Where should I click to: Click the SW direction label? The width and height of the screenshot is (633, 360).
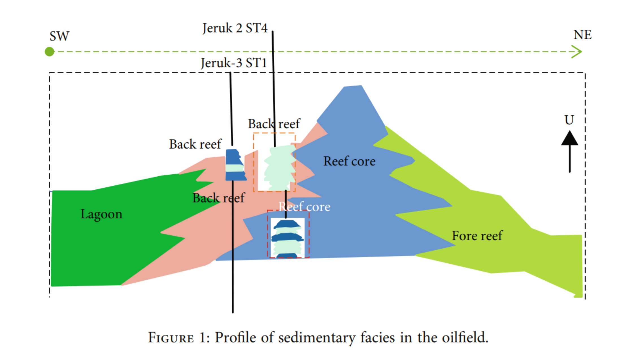tap(59, 36)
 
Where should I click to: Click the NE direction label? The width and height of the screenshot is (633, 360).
tap(582, 35)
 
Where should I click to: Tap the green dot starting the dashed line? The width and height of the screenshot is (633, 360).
tap(49, 52)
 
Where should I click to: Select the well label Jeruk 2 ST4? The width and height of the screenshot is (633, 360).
tap(235, 28)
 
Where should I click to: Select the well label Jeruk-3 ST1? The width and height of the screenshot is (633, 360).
tap(234, 63)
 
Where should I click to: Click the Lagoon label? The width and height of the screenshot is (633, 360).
tap(101, 214)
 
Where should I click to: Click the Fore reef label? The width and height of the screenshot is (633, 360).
tap(477, 236)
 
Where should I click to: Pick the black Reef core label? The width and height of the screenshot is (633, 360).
tap(349, 161)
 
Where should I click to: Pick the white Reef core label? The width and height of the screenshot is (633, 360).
tap(304, 207)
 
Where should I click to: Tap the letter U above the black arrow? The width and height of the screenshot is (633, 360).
tap(569, 120)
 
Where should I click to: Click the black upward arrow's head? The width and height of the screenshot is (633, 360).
tap(569, 138)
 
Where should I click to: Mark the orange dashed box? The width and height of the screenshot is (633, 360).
tap(254, 162)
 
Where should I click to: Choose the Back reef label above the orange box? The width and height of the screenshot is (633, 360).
tap(274, 124)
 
